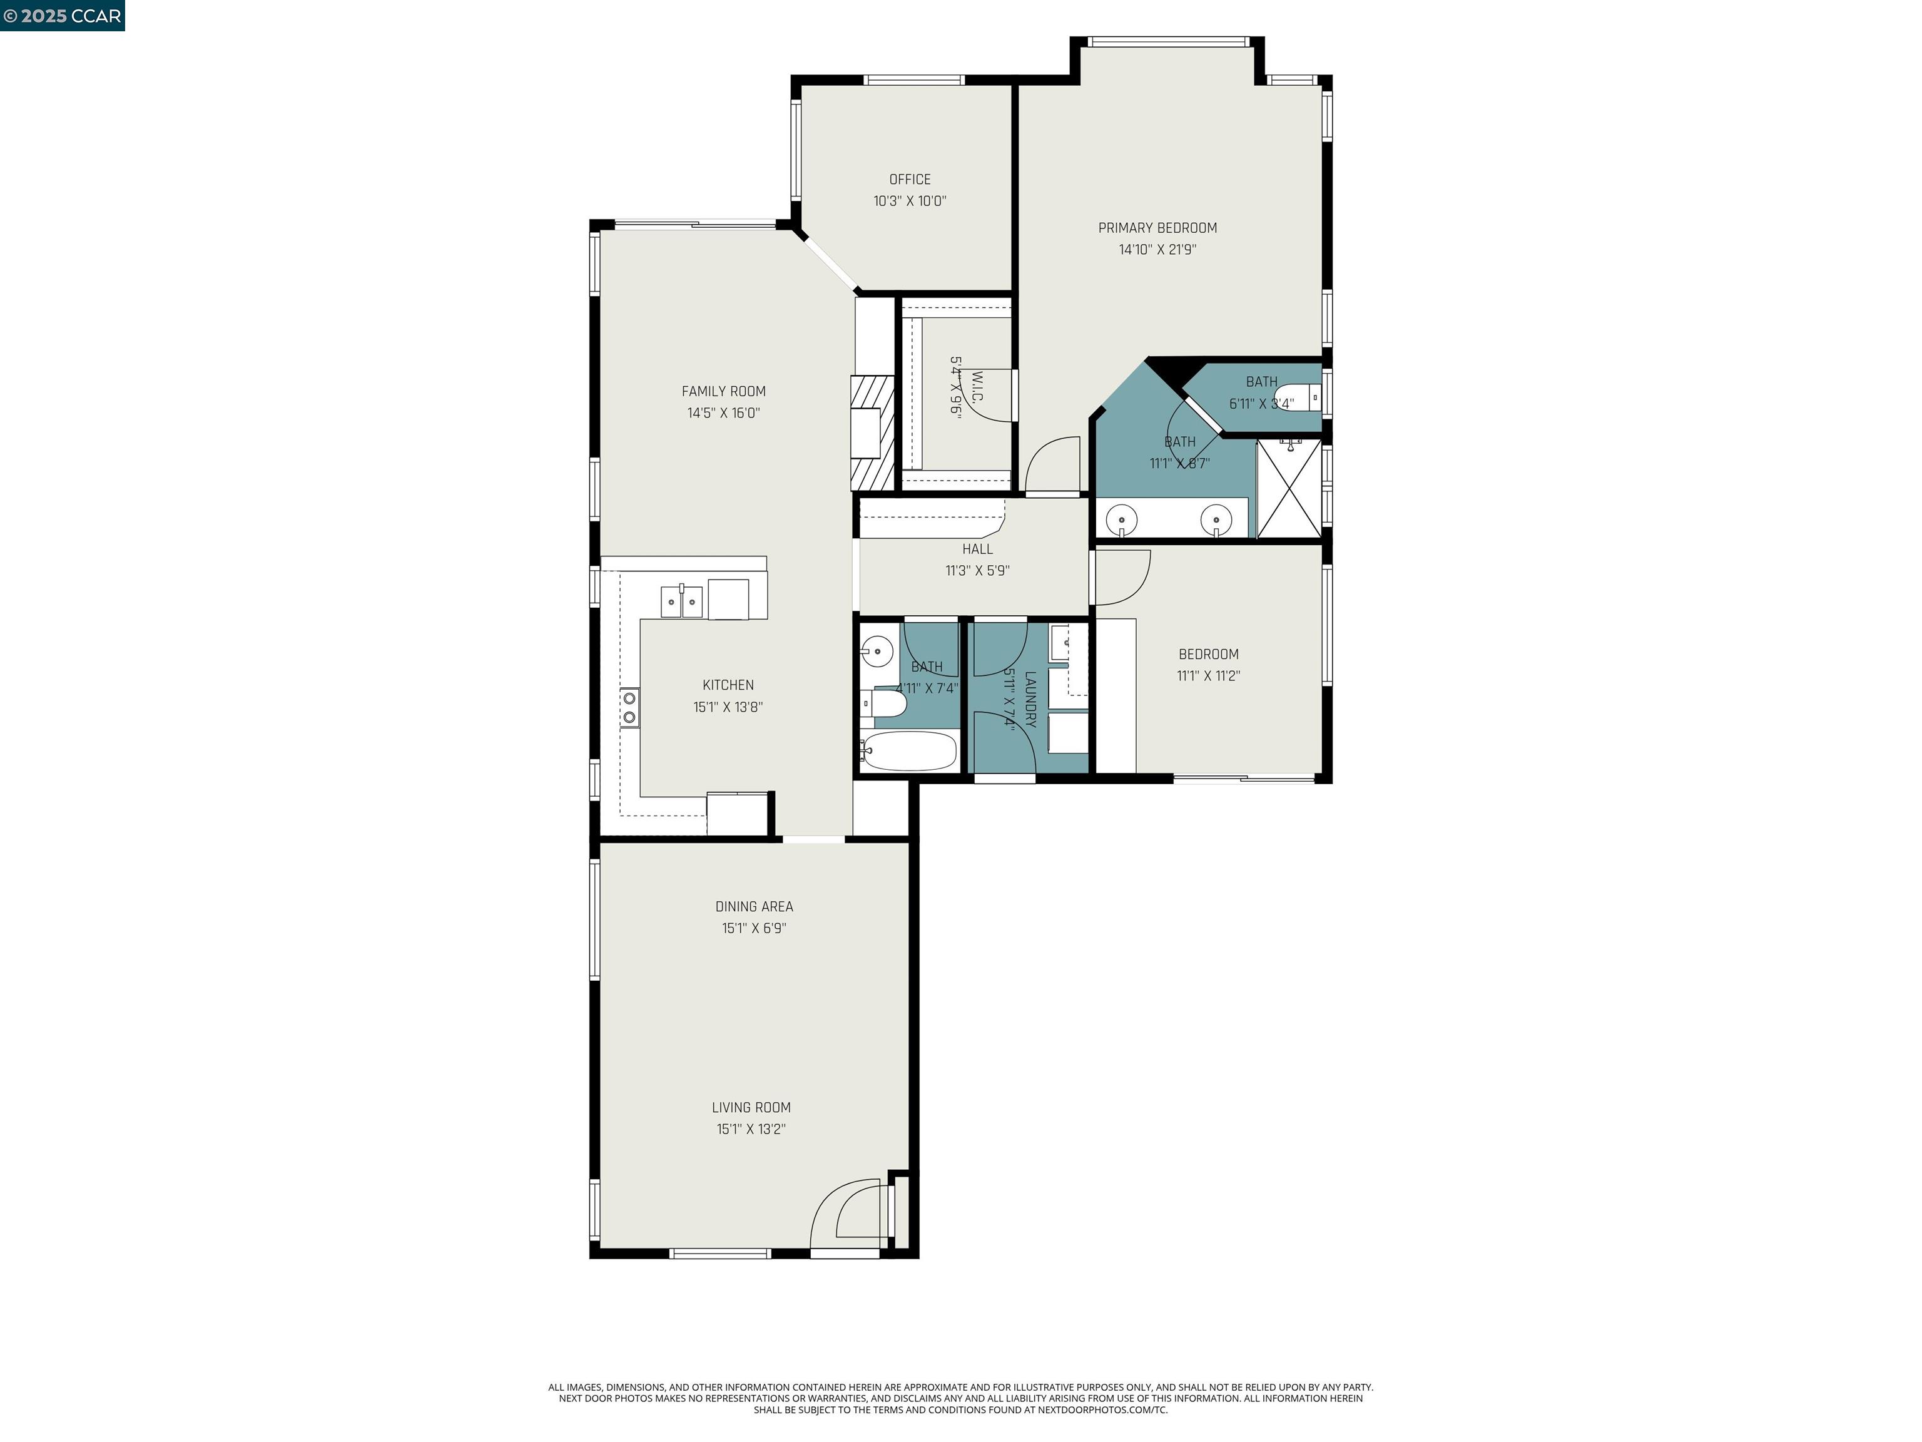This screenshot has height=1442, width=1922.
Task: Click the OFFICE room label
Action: pos(909,179)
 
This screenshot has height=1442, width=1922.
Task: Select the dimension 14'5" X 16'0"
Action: pos(723,413)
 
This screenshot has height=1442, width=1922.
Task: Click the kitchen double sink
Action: pos(681,601)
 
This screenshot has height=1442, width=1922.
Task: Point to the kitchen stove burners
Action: pos(629,707)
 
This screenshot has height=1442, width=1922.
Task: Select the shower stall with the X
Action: pos(1289,488)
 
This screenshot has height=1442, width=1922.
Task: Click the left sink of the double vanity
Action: pos(1122,521)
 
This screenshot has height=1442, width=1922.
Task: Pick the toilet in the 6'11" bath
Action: pos(1303,397)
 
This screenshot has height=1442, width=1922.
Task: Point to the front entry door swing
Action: pos(847,1212)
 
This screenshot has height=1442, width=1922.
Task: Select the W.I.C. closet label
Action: pos(977,387)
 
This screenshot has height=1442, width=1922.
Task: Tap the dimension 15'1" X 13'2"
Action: pos(751,1129)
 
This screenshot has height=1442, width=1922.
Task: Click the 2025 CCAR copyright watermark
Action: pos(62,16)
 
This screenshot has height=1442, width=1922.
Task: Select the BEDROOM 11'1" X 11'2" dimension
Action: pos(1208,676)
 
